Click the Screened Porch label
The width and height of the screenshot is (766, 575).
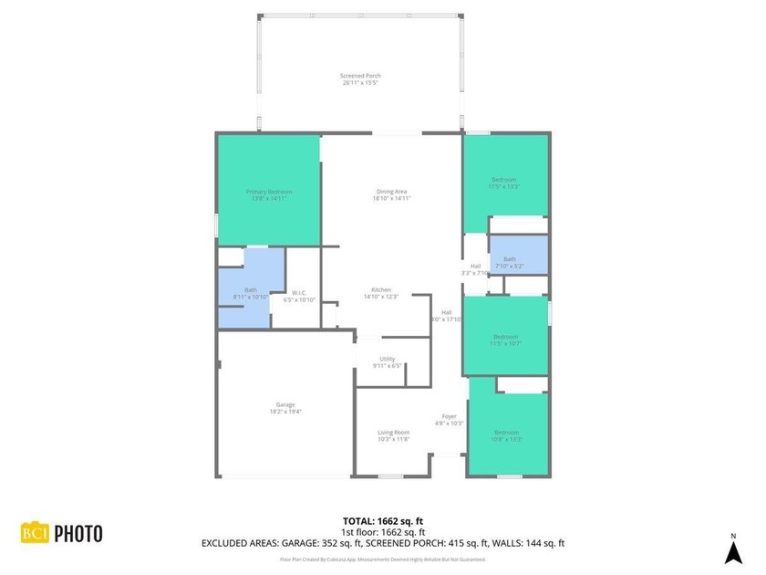[x=360, y=78]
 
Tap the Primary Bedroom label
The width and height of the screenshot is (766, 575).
[x=269, y=194]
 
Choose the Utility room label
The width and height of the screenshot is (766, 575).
[x=388, y=362]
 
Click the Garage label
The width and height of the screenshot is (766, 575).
[x=285, y=408]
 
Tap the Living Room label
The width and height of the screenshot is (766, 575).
[x=394, y=435]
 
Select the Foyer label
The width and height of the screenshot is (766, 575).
[x=450, y=419]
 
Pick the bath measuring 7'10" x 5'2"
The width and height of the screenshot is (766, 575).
[x=509, y=262]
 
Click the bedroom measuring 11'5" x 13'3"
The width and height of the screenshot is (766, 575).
[x=504, y=183]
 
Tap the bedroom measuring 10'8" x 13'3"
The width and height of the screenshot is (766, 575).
[x=506, y=435]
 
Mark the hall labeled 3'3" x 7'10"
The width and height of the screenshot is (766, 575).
[x=475, y=269]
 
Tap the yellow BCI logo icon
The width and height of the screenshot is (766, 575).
[x=35, y=533]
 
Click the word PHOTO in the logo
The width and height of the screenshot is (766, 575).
[x=78, y=533]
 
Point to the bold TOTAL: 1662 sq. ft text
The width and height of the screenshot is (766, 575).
[x=383, y=520]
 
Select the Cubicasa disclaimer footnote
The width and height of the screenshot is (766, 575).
[x=383, y=559]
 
